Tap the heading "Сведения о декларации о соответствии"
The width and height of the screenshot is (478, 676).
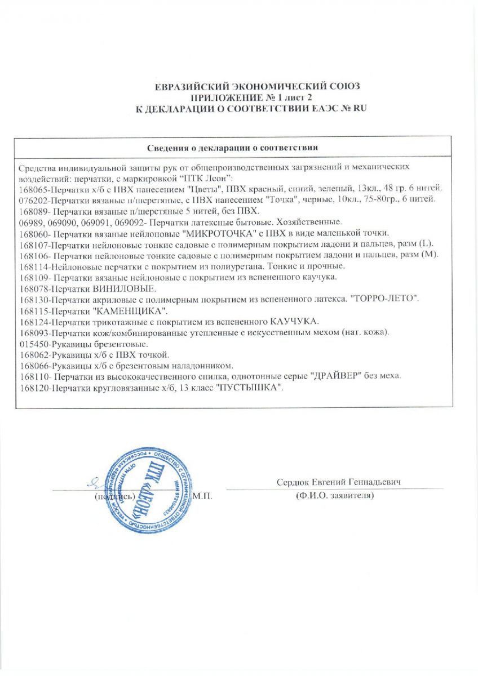coord(233,148)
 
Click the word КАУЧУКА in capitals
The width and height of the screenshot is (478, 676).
coord(294,322)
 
